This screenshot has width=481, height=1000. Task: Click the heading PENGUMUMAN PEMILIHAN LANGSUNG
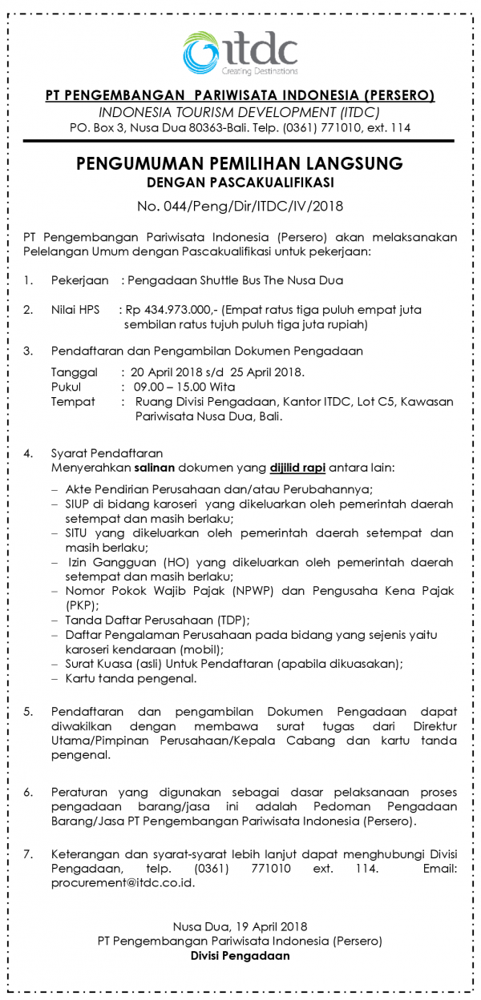tap(240, 163)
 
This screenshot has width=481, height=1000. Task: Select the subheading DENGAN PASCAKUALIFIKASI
tap(240, 183)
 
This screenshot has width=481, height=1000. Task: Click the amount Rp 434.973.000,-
tap(171, 309)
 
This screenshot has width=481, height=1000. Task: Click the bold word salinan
tap(157, 466)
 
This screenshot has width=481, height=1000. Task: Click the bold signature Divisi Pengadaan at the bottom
tap(240, 955)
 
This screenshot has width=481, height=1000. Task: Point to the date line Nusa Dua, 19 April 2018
tap(240, 926)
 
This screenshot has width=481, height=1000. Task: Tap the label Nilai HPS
tap(75, 309)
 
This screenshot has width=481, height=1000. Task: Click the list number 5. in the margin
tap(28, 711)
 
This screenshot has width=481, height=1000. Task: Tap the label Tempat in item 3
tap(73, 401)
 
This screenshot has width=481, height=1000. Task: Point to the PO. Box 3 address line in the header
tap(240, 128)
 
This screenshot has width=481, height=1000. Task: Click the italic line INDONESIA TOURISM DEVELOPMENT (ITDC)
tap(240, 112)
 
